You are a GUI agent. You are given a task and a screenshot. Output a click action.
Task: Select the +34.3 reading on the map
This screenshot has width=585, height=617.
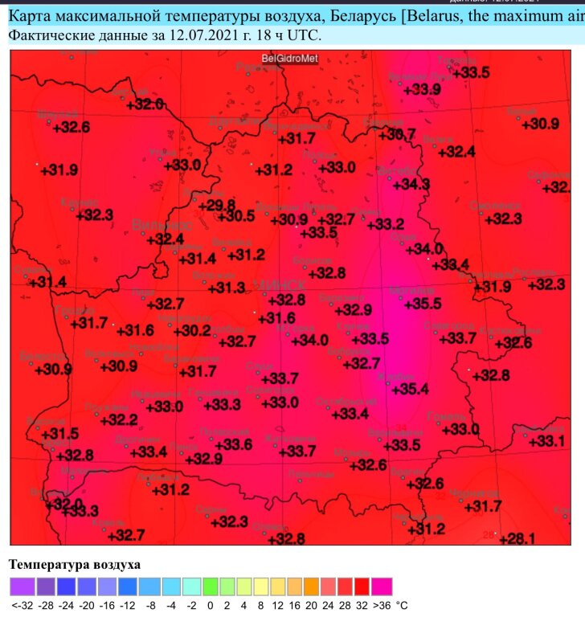coord(411,185)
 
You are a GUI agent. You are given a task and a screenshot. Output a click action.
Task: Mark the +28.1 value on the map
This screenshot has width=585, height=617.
coord(517,538)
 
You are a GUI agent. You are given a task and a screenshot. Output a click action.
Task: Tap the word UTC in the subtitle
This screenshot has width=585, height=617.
coord(305,35)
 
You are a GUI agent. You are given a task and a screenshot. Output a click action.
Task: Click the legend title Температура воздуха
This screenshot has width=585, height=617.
coord(75,565)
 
